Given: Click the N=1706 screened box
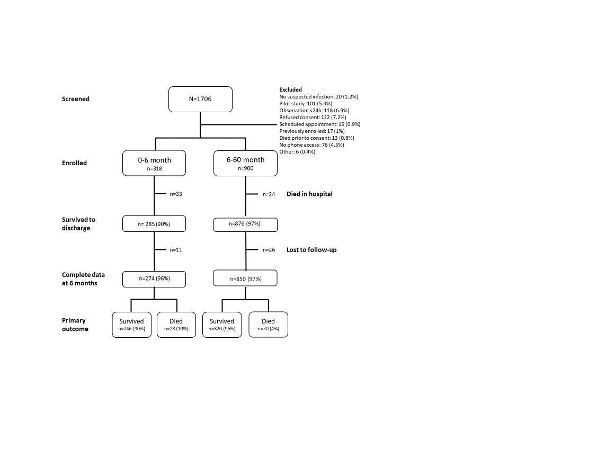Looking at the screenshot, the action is click(200, 99).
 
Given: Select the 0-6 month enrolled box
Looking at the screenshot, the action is click(154, 164).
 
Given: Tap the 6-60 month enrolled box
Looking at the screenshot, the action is click(245, 164).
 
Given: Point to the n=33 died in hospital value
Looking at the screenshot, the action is click(176, 194).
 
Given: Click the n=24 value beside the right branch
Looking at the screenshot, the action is click(269, 194).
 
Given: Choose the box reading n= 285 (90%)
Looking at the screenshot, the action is click(154, 224).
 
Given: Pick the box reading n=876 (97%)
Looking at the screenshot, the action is click(245, 224).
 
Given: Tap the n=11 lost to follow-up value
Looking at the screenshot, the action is click(176, 250).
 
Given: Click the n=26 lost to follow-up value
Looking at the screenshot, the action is click(269, 250).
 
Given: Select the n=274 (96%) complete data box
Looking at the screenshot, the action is click(154, 279).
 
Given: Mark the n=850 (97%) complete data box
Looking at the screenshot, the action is click(245, 278).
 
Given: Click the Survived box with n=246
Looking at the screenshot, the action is click(132, 325).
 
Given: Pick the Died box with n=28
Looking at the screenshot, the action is click(176, 325).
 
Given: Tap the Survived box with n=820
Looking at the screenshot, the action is click(222, 325).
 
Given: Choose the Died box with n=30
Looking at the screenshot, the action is click(268, 325).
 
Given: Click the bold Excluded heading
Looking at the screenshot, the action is click(291, 89).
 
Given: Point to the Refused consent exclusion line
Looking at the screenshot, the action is click(313, 118).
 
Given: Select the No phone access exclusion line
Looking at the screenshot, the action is click(311, 145).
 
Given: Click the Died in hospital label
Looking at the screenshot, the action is click(309, 194).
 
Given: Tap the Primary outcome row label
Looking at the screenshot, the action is click(75, 325).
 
